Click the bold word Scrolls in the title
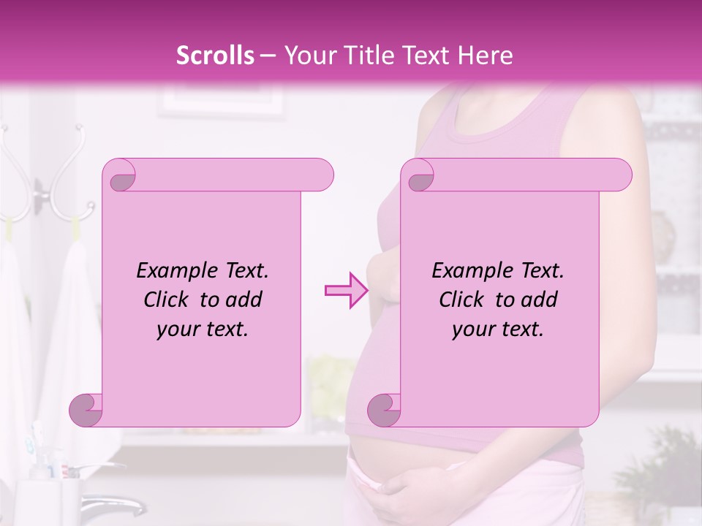pyautogui.click(x=215, y=56)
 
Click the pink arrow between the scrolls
pyautogui.click(x=346, y=290)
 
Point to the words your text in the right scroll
pyautogui.click(x=498, y=329)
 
